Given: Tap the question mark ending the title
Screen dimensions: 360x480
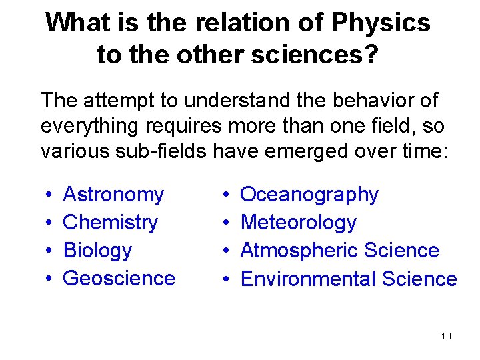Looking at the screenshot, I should tap(371, 55).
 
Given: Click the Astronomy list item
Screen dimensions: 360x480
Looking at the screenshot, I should tap(113, 195).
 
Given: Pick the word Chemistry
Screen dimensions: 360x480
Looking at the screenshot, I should tap(110, 223).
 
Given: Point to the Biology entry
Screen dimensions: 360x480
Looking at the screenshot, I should tap(97, 251).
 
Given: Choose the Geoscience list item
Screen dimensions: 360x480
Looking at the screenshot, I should tap(119, 278).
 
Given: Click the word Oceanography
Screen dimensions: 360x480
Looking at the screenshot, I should tap(309, 195).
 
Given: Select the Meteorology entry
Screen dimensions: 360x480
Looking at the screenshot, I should tap(298, 223).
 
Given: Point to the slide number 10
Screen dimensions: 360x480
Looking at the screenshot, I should tap(446, 336).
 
